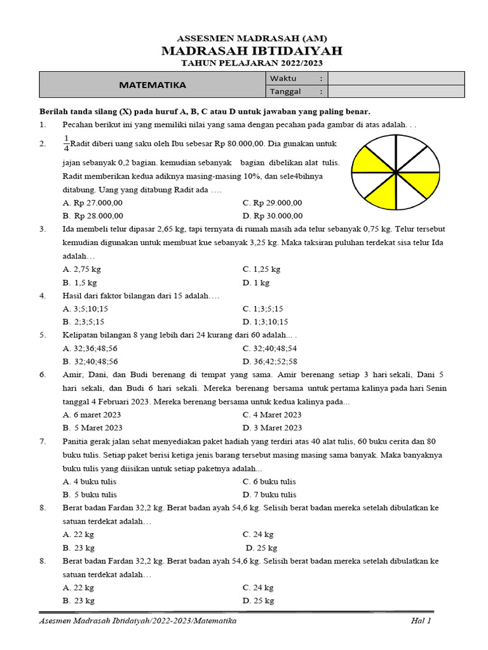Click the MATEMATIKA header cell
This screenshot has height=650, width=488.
152,84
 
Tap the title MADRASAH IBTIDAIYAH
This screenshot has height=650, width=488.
243,51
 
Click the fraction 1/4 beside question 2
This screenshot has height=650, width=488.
66,144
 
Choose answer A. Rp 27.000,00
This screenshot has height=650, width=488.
93,203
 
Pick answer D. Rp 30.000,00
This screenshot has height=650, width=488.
272,216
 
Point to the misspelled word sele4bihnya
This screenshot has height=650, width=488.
301,176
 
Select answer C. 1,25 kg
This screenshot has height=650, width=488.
261,269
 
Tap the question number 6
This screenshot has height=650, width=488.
43,375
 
